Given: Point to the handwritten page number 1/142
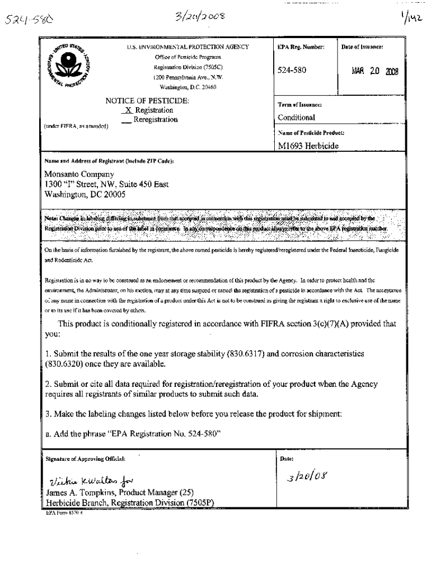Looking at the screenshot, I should click(x=411, y=20).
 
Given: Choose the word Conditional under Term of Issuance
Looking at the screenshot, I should click(x=297, y=118).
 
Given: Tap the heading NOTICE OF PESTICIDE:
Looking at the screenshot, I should click(x=147, y=101).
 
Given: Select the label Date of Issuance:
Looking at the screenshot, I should click(x=362, y=47).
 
